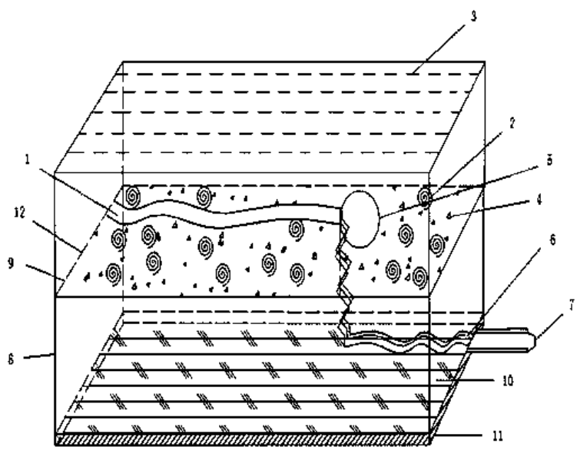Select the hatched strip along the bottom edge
coord(246,440)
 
